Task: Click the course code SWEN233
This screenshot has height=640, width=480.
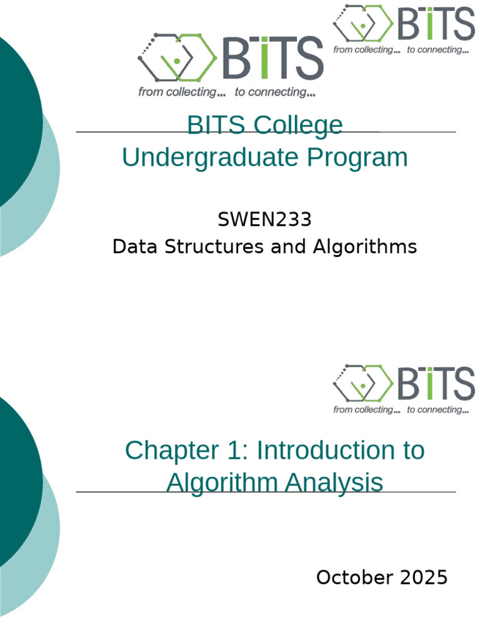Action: (x=264, y=220)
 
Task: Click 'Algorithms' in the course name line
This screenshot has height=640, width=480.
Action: (x=364, y=247)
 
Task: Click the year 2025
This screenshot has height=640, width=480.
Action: (x=423, y=577)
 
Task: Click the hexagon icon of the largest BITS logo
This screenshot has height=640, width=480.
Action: (x=177, y=58)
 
